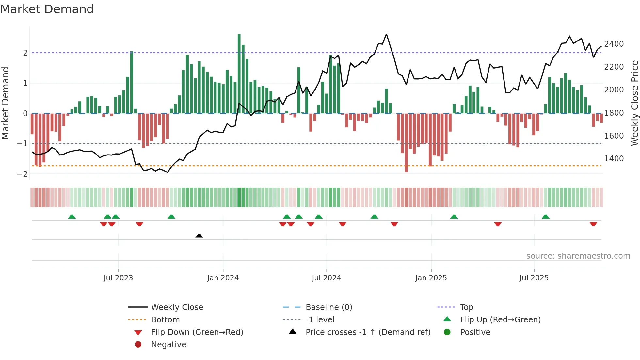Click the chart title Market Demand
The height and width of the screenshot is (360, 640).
[47, 9]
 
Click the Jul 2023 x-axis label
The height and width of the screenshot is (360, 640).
[118, 278]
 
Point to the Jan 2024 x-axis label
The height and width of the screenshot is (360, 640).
[223, 278]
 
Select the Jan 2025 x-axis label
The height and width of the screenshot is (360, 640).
[431, 278]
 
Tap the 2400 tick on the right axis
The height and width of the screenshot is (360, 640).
[614, 44]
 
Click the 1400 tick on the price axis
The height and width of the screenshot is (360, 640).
[614, 159]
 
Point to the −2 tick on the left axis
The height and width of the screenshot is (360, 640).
[23, 174]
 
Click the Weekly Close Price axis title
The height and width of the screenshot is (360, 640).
[634, 103]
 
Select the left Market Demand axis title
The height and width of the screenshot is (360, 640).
[6, 103]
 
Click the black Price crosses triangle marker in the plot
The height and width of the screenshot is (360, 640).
[199, 236]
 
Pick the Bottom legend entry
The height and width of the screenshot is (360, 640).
[165, 320]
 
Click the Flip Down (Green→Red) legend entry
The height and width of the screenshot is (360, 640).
[197, 332]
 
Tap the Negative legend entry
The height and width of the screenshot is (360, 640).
[168, 345]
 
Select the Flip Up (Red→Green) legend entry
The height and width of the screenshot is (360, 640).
[500, 320]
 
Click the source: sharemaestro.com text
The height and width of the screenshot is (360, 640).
[578, 256]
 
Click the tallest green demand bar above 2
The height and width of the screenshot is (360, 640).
[239, 74]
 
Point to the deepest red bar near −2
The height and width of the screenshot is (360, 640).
[406, 143]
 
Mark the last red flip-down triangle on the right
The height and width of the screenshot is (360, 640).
[593, 224]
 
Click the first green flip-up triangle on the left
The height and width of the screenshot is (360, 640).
[72, 216]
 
